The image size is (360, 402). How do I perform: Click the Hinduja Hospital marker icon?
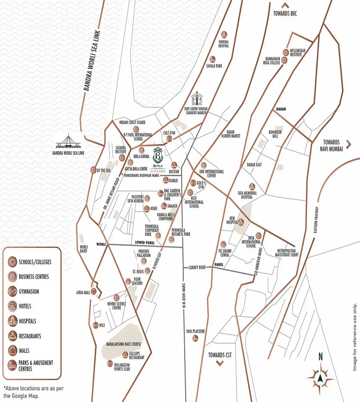pos(224,35)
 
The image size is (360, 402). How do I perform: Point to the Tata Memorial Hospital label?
pos(247,195)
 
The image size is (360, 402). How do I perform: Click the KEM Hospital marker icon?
pos(241,222)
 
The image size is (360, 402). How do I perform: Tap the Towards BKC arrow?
pos(285,5)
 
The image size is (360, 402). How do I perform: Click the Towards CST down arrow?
pos(220,363)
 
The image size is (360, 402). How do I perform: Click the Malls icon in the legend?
pos(12,350)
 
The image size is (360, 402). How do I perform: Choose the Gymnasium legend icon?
pos(12,291)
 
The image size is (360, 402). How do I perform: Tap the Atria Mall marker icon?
pos(93,292)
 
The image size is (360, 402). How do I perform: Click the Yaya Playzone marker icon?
pos(195,338)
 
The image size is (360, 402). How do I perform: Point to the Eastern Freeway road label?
pos(316,220)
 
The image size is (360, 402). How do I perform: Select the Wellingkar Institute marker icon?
pos(286,53)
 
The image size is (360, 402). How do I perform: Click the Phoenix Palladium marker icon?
pos(144,261)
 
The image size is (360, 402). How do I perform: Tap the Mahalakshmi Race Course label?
pos(124,344)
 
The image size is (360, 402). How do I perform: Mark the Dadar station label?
pos(281,109)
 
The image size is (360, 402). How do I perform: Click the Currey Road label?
pos(197,267)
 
